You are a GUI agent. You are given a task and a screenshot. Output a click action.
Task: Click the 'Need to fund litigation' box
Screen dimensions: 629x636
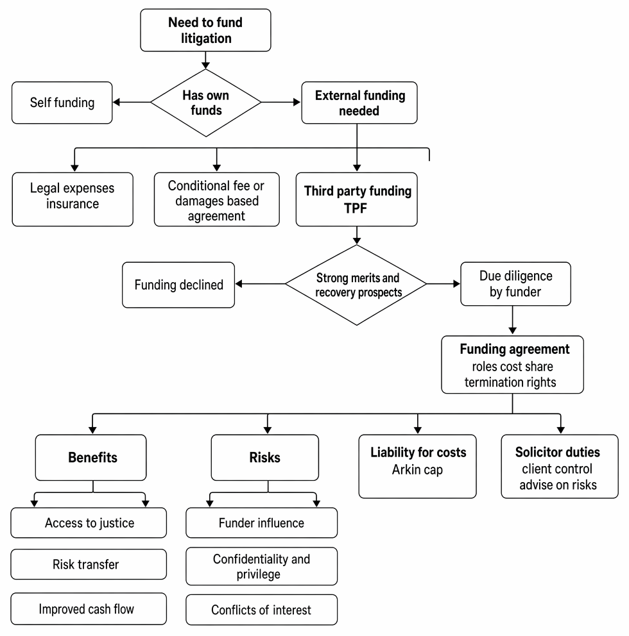click(205, 30)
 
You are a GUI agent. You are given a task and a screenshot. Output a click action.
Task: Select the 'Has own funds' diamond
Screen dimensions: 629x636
click(206, 103)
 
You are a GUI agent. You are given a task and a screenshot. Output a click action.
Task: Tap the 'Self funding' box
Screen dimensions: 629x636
click(62, 103)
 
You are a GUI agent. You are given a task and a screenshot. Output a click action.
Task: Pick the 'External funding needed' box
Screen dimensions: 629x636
click(359, 103)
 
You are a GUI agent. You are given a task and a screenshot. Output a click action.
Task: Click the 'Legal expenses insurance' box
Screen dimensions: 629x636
click(73, 199)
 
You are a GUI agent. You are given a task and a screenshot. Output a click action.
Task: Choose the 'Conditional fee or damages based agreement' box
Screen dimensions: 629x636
click(217, 199)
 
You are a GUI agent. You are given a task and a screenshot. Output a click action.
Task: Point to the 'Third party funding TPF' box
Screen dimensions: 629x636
click(356, 199)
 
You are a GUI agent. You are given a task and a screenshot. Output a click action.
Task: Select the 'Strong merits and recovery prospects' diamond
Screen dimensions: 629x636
click(356, 285)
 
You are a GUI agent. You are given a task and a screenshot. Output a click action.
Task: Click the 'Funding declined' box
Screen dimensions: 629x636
click(178, 285)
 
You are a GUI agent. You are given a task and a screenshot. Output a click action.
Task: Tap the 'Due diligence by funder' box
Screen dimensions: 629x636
click(515, 283)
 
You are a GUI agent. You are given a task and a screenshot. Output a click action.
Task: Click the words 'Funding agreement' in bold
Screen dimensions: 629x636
click(515, 349)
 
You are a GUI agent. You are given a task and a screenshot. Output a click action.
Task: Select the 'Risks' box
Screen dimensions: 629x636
click(264, 458)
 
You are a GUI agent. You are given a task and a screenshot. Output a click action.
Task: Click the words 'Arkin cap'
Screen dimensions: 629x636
click(417, 470)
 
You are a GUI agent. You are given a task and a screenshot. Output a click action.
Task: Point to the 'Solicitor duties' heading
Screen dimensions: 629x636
click(558, 452)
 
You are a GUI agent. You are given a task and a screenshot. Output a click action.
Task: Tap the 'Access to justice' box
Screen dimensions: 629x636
click(89, 523)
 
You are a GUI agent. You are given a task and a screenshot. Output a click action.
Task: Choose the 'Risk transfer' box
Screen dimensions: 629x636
click(89, 564)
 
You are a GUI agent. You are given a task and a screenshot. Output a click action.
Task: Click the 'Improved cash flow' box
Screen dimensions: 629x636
click(89, 609)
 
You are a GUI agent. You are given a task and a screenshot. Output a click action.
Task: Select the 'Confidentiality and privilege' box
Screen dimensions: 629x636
click(261, 566)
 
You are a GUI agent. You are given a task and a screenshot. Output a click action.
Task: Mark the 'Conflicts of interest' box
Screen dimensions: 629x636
click(261, 610)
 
